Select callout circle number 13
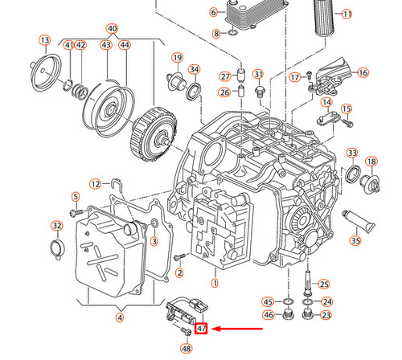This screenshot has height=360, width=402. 44,40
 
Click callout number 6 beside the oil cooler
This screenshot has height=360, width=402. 214,13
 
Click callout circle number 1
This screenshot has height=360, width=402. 215,283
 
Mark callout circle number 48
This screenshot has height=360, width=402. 187,349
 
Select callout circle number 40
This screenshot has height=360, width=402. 112,28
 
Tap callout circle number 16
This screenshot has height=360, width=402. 363,72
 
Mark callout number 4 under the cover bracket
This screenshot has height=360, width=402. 120,317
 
